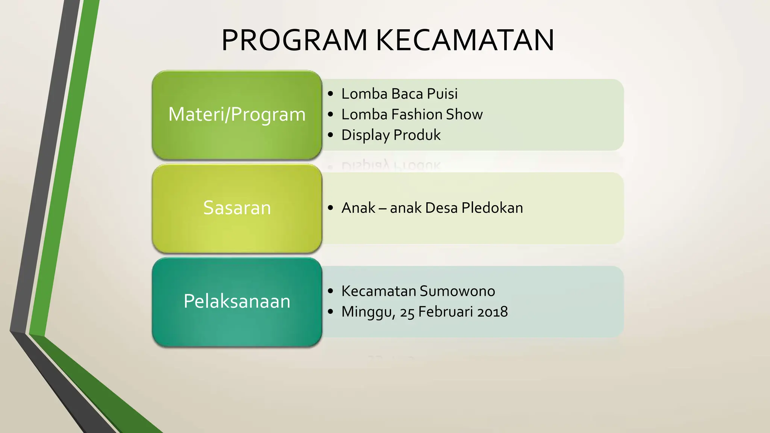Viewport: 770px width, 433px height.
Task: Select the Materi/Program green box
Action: pyautogui.click(x=237, y=115)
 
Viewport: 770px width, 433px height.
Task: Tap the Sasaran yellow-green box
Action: pyautogui.click(x=237, y=208)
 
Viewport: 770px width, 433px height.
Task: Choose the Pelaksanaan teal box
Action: pyautogui.click(x=237, y=301)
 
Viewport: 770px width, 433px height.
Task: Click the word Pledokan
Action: pyautogui.click(x=492, y=208)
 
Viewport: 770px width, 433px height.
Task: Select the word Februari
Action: pyautogui.click(x=440, y=312)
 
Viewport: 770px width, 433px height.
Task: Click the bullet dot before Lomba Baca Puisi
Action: pyautogui.click(x=330, y=94)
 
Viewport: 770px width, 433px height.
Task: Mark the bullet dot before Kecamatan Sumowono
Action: pyautogui.click(x=330, y=291)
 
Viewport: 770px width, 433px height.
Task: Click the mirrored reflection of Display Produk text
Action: pyautogui.click(x=391, y=165)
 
